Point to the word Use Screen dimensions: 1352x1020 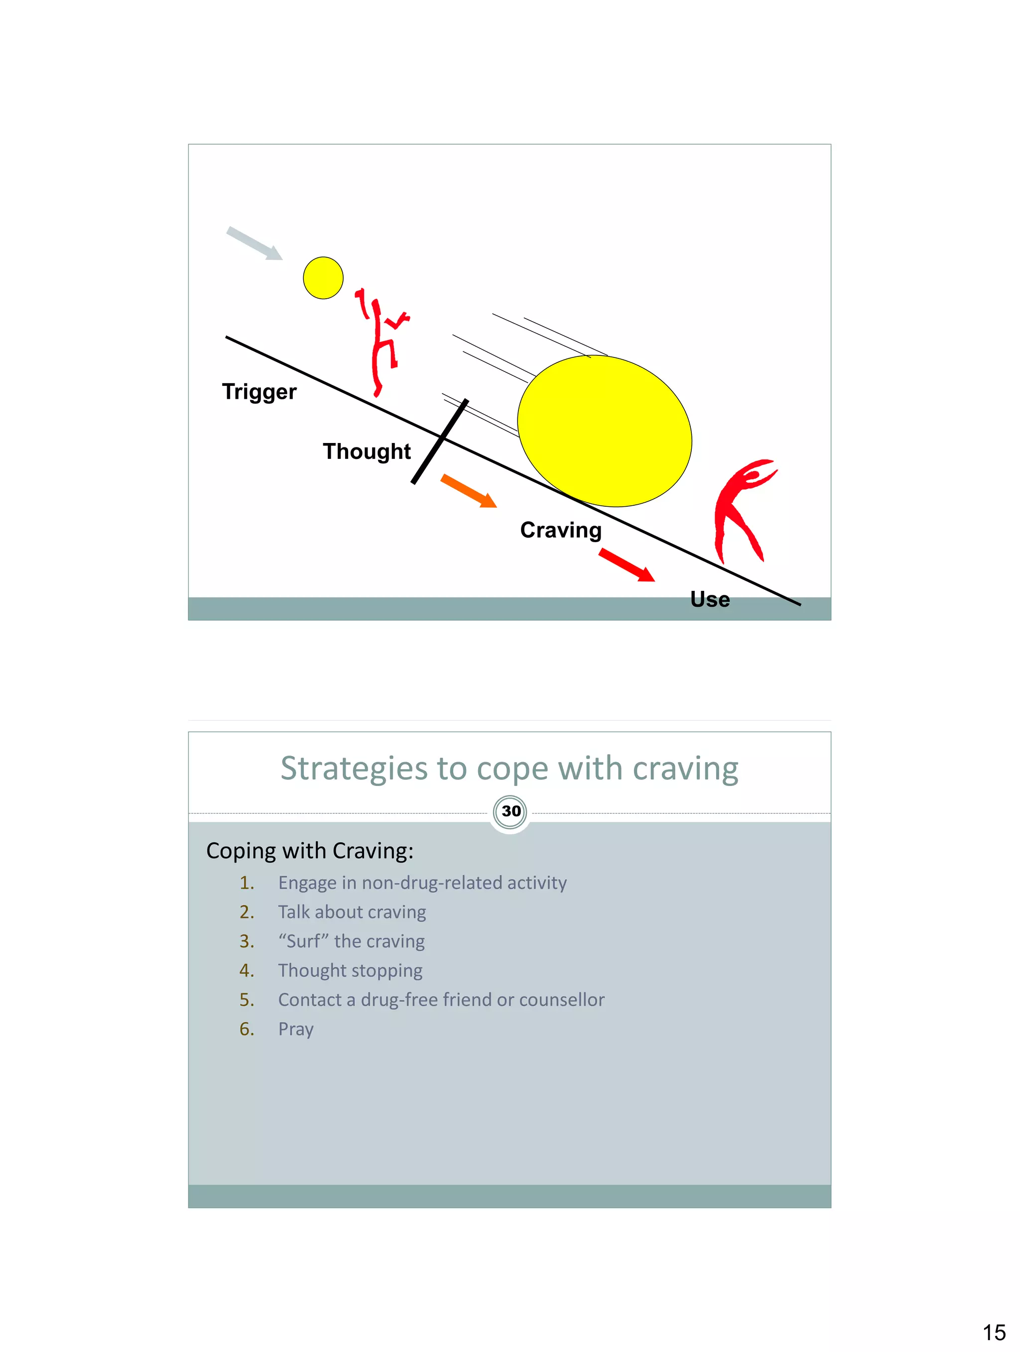click(709, 599)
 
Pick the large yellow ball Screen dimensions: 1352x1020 click(604, 431)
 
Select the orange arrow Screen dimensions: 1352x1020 click(469, 491)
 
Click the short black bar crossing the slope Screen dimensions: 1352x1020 click(440, 442)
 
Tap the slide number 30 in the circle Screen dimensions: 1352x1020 click(510, 811)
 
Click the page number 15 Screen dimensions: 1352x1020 click(994, 1332)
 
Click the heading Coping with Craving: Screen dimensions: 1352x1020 click(309, 851)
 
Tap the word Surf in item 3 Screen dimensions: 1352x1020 click(303, 941)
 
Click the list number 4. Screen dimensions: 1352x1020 click(247, 971)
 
